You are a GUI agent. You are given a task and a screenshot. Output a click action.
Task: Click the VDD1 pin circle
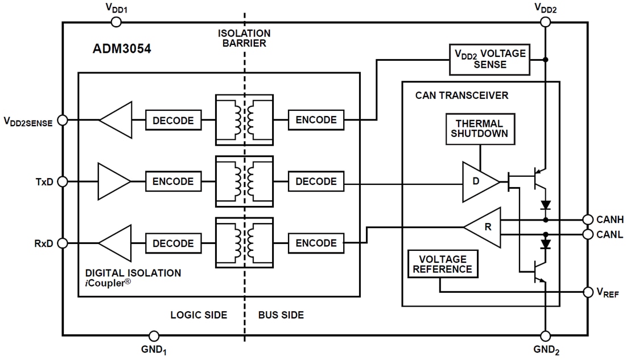point(116,22)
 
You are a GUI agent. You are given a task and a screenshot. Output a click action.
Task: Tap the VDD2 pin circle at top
point(545,22)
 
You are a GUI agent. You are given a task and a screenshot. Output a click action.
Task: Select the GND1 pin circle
point(153,336)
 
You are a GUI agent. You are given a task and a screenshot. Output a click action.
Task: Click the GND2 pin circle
point(545,336)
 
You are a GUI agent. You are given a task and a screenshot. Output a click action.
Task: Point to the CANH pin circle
point(587,220)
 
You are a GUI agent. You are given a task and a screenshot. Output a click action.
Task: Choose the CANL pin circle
point(587,234)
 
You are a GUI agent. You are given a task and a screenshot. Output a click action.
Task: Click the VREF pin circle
point(587,292)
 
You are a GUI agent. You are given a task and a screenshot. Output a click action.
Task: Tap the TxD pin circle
point(63,181)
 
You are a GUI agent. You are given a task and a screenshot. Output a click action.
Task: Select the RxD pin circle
point(63,243)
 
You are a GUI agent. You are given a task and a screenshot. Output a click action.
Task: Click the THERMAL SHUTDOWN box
point(479,129)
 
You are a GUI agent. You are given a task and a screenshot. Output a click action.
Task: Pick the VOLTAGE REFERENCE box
point(442,264)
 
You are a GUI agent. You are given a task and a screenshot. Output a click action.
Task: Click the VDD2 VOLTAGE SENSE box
point(488,59)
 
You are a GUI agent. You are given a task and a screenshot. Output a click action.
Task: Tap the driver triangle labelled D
point(477,182)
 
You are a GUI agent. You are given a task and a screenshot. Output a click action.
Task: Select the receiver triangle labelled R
point(485,227)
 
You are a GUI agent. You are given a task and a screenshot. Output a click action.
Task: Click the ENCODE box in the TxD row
point(173,182)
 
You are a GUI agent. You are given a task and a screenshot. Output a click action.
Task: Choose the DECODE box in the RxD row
point(173,243)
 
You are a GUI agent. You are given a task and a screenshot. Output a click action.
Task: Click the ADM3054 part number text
point(122,49)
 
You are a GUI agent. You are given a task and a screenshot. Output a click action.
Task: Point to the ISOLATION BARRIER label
point(244,38)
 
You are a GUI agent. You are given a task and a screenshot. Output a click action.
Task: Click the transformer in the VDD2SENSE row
point(244,120)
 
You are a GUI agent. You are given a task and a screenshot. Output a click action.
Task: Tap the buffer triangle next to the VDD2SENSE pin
point(115,120)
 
